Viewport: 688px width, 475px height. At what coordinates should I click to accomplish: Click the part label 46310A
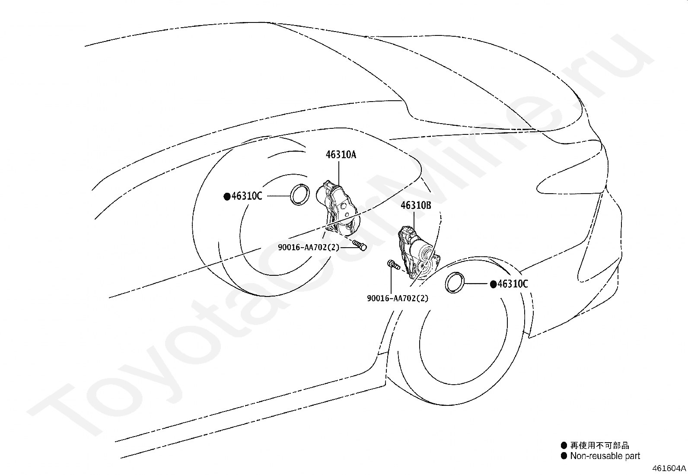click(x=341, y=155)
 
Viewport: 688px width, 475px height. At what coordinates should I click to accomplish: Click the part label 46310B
click(x=416, y=205)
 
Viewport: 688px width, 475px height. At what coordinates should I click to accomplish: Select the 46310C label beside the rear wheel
click(x=247, y=196)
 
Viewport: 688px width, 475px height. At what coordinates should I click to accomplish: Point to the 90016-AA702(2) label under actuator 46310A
click(x=309, y=247)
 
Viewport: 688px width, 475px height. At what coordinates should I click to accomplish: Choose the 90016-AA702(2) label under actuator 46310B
click(x=398, y=298)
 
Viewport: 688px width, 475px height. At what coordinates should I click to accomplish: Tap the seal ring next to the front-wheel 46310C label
click(x=455, y=283)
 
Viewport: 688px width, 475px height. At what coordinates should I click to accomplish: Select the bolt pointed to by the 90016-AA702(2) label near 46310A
click(x=360, y=245)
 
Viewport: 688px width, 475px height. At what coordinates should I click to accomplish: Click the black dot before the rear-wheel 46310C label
click(x=227, y=197)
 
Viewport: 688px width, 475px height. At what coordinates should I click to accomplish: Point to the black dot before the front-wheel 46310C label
click(x=493, y=284)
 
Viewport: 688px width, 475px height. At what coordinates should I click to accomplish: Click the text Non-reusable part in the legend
click(x=605, y=456)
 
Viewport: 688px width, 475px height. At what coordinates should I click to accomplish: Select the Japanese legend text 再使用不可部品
click(x=599, y=445)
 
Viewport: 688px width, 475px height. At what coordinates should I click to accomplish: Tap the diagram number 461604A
click(x=669, y=468)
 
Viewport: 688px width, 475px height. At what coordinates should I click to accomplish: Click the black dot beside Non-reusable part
click(x=564, y=456)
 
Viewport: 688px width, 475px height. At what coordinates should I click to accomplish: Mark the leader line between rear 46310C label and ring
click(x=277, y=196)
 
